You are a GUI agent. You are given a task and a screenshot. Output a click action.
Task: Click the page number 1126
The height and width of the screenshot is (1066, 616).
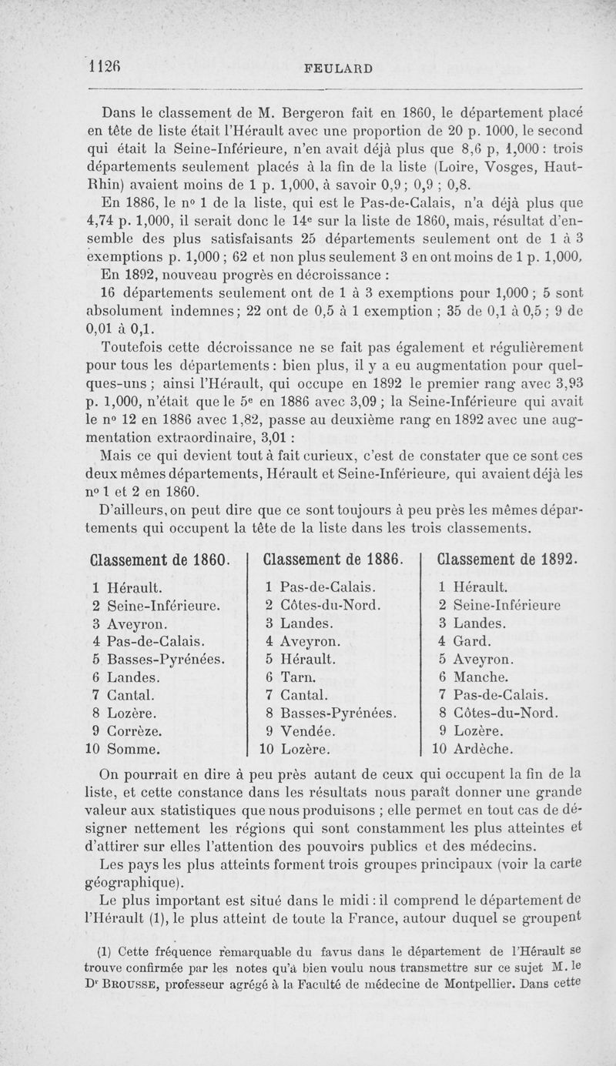[x=108, y=67]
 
